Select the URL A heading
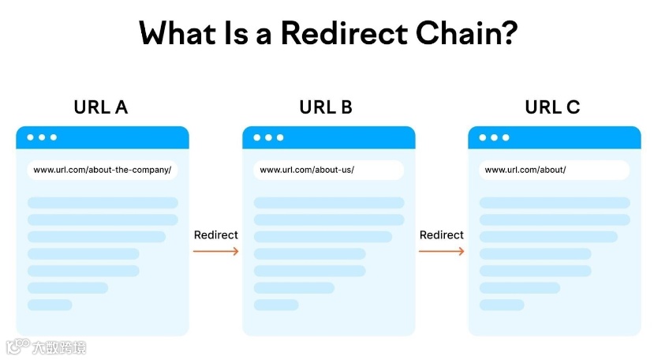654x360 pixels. [x=101, y=107]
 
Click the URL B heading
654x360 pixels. [x=326, y=107]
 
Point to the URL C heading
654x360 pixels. [x=552, y=107]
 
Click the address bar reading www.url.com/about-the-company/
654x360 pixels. [x=103, y=170]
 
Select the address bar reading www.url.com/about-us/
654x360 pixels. [x=328, y=170]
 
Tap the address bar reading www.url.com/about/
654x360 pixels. [x=554, y=170]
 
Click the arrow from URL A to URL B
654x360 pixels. [x=215, y=252]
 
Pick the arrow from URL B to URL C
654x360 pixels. [x=441, y=252]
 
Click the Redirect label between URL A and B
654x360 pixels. [x=215, y=235]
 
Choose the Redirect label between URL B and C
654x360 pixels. [x=441, y=235]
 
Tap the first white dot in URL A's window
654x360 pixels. [x=31, y=137]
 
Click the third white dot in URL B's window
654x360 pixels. [x=279, y=137]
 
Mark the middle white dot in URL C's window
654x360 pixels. [x=494, y=137]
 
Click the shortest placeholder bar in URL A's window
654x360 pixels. [x=50, y=305]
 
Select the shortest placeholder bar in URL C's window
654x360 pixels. [x=502, y=305]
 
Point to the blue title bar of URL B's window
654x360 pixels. [x=347, y=137]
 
